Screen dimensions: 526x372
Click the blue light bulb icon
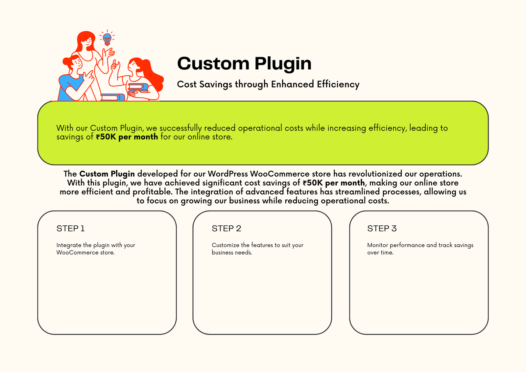tap(107, 39)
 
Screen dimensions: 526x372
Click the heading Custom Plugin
tap(244, 64)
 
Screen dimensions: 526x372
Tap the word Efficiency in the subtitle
tap(338, 84)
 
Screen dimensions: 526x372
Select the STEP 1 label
tap(70, 228)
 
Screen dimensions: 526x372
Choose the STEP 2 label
tap(227, 228)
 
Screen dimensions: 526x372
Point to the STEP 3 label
tap(382, 228)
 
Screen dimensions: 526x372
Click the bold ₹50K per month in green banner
tap(127, 137)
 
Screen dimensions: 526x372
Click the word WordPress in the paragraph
tap(228, 174)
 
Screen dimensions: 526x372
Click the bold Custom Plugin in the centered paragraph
tap(107, 174)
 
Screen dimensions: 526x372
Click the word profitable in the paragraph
tap(153, 192)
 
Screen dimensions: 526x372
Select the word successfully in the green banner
tap(180, 128)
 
